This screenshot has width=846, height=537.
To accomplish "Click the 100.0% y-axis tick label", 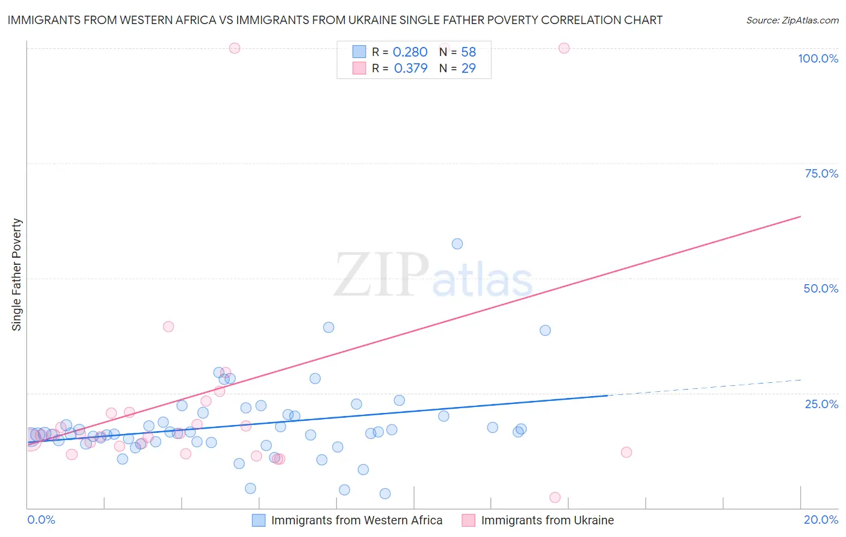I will (818, 58).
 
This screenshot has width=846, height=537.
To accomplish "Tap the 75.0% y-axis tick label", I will (821, 173).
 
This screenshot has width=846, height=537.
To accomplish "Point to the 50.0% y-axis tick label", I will (821, 288).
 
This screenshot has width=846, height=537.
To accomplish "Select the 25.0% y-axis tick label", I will (821, 403).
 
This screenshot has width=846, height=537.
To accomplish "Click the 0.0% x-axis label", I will (41, 520).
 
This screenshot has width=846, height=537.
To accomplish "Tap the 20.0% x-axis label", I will (821, 520).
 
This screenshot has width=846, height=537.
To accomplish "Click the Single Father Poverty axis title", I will (17, 275).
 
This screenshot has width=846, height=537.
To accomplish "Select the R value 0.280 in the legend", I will (410, 52).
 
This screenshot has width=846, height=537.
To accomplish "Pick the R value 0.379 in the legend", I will (410, 69).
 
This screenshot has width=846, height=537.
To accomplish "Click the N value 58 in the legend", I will (468, 52).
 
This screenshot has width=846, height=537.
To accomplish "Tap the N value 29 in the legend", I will (468, 69).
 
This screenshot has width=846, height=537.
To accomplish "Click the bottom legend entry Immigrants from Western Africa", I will (356, 520).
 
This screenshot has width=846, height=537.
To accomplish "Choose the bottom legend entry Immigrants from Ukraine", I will (547, 520).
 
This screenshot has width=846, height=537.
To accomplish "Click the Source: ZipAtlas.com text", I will (792, 20).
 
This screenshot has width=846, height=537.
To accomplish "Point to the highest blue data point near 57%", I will (457, 244).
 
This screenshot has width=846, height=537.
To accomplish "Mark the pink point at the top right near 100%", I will (564, 48).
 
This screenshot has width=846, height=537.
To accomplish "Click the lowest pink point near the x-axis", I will (555, 497).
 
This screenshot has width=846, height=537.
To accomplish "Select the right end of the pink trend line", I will (800, 216).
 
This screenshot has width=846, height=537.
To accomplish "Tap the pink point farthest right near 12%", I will (626, 452).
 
